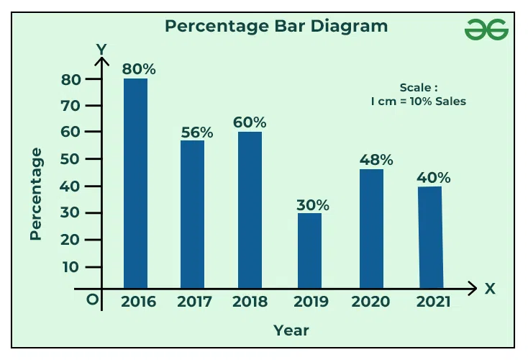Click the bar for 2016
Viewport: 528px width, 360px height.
point(135,184)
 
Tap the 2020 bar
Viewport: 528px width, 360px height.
point(371,229)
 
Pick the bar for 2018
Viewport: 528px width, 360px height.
point(250,210)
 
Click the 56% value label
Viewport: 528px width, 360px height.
point(196,132)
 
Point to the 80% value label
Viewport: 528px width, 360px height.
point(138,69)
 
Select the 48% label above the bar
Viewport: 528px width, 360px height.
point(376,160)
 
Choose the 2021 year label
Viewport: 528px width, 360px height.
point(434,302)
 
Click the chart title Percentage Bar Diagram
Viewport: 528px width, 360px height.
point(276,27)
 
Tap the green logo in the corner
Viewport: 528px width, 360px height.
point(486,30)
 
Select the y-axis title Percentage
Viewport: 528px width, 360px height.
point(37,194)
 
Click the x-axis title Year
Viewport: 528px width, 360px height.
point(291,330)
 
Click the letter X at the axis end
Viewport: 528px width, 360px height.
point(490,289)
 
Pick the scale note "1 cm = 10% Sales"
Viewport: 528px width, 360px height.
point(419,102)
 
